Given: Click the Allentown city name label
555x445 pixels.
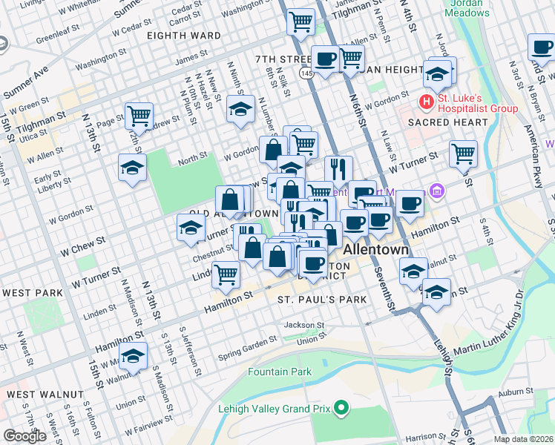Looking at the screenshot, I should pos(375,249).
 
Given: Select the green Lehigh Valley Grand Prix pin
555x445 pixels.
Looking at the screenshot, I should pos(341,408).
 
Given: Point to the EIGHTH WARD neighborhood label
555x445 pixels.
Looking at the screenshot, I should pos(183,36).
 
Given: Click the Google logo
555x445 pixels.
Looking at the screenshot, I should pos(24,436).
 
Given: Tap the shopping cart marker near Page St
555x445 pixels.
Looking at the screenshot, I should pos(139,115).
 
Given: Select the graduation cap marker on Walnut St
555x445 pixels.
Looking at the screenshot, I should pos(134,355).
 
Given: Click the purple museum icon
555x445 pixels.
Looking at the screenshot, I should pos(437,193).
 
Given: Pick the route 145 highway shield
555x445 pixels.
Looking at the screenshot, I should pos(306,74).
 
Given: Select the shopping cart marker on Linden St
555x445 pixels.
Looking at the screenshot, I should pos(226,274).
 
